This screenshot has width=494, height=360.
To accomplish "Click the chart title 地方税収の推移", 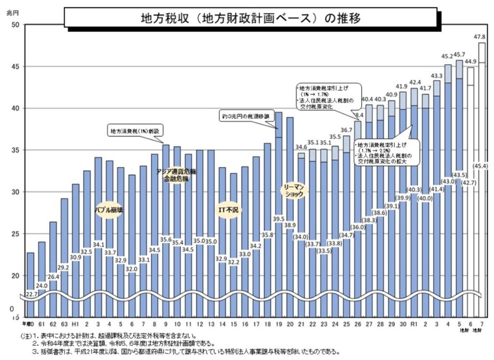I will coord(250,18).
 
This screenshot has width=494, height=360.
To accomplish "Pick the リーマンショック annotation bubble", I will coord(294,190).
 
